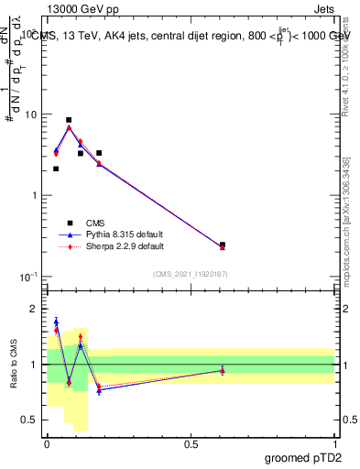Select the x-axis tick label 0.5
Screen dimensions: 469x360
[191, 443]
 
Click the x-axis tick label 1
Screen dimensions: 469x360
[334, 443]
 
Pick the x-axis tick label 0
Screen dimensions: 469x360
[47, 443]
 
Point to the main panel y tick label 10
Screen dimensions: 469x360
[28, 115]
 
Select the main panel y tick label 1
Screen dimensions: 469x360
[33, 195]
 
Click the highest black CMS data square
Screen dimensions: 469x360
[69, 120]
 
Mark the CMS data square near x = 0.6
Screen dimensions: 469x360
[223, 245]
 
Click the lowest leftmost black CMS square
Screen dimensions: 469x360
[56, 169]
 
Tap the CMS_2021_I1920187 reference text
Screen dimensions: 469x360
[191, 274]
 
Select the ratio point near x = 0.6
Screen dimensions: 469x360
[223, 369]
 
